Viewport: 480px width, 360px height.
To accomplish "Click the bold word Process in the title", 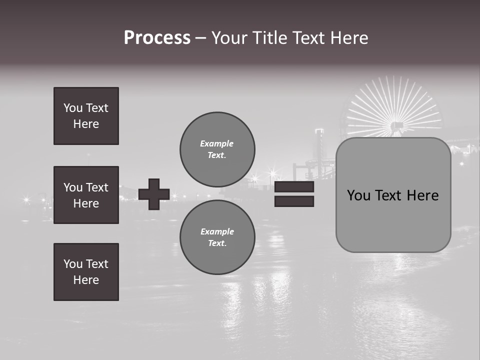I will (x=157, y=38).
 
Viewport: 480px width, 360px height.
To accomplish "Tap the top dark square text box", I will (x=86, y=116).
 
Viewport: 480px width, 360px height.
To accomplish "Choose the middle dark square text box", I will (x=86, y=195).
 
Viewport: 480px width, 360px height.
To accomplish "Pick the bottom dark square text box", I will (x=86, y=272).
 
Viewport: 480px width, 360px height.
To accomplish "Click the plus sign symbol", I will (x=154, y=194).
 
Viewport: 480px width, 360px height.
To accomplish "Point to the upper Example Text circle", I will (x=217, y=149).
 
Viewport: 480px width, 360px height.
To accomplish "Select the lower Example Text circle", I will (x=217, y=237).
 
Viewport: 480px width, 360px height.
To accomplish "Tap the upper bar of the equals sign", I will (x=294, y=187).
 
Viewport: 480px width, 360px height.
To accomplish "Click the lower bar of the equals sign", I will (x=294, y=201).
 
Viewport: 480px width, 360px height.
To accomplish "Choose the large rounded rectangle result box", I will (x=393, y=195).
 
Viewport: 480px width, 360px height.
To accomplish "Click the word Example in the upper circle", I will (x=217, y=143).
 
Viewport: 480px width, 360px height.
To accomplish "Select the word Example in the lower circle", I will (x=217, y=231).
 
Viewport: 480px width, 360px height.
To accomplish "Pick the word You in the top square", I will (x=73, y=108).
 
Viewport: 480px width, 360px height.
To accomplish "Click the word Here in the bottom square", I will (x=86, y=280).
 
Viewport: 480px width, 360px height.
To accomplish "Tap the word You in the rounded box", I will (x=358, y=195).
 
